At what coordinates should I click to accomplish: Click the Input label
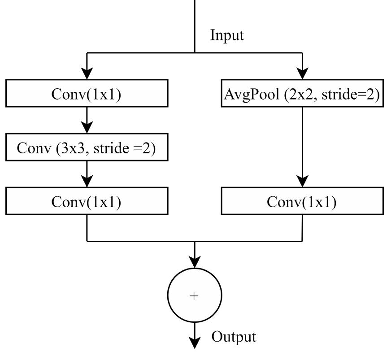(227, 35)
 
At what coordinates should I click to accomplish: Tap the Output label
(234, 337)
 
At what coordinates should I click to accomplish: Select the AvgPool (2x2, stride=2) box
(302, 94)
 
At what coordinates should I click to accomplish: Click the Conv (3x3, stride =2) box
(87, 147)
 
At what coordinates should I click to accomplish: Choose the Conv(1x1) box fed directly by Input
(87, 94)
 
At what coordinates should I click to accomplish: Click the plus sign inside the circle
(194, 296)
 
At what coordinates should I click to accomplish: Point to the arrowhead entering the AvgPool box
(302, 74)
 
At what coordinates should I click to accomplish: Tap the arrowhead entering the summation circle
(195, 262)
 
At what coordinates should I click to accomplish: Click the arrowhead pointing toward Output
(195, 343)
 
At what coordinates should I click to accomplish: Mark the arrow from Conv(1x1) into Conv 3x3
(87, 120)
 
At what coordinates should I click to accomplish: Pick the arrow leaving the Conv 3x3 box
(87, 174)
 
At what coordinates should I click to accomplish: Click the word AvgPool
(252, 94)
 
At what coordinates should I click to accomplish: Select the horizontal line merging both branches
(194, 241)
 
